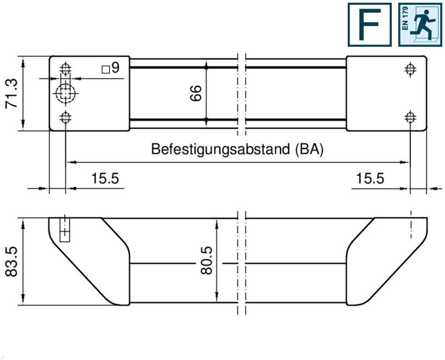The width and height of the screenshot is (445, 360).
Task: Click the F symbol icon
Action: pyautogui.click(x=369, y=25)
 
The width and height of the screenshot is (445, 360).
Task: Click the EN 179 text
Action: pyautogui.click(x=405, y=19)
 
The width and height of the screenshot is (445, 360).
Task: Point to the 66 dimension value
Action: pyautogui.click(x=196, y=93)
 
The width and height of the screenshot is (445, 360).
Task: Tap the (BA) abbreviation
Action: pyautogui.click(x=308, y=149)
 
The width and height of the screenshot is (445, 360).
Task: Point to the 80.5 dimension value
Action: pyautogui.click(x=207, y=262)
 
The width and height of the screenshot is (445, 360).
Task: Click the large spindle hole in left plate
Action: pyautogui.click(x=66, y=93)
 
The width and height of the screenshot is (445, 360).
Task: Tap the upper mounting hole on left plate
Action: pyautogui.click(x=66, y=69)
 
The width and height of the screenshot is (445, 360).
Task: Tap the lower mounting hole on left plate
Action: pyautogui.click(x=66, y=117)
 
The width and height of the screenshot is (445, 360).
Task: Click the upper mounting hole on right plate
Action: pyautogui.click(x=409, y=69)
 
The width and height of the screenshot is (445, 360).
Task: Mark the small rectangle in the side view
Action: pyautogui.click(x=65, y=230)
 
